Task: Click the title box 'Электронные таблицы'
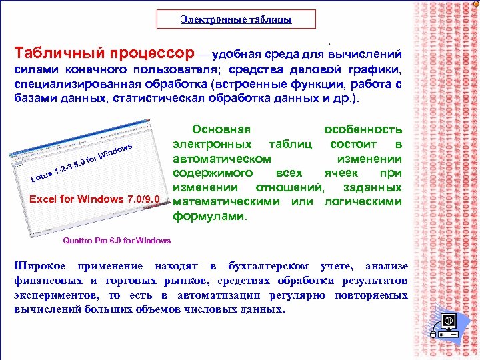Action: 236,19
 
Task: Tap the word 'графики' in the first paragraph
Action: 374,70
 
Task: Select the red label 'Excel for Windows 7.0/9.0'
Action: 95,199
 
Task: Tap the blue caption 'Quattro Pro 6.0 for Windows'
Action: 116,240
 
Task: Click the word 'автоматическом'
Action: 222,159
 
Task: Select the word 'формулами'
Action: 209,217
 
